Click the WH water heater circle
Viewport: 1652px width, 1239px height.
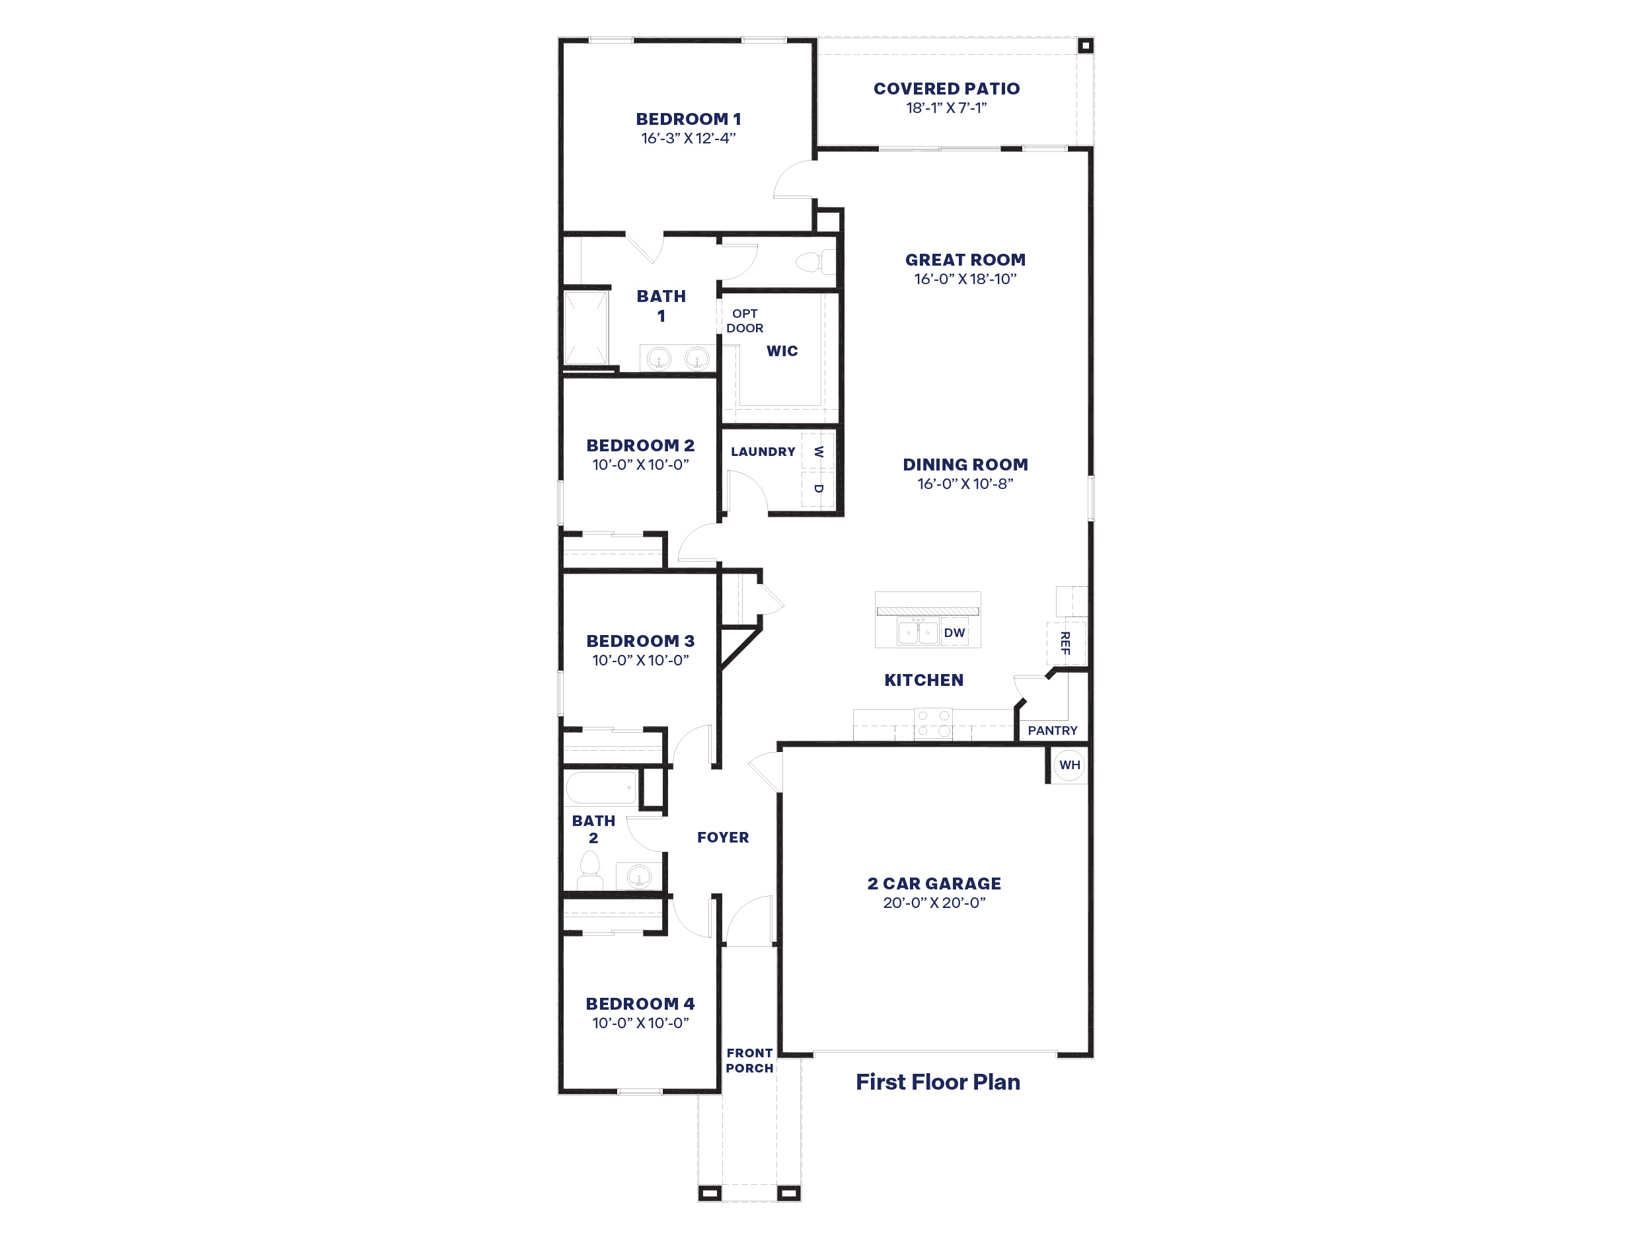1069,765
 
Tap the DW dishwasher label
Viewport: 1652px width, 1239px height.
954,632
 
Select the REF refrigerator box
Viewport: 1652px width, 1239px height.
1066,642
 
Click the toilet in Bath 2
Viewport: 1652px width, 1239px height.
590,872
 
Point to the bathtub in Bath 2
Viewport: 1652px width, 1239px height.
601,788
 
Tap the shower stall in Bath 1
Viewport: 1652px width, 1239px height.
586,328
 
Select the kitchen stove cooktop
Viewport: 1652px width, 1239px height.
934,724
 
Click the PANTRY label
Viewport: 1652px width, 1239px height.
1052,730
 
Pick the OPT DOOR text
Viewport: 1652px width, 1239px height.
745,320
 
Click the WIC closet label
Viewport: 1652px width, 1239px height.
782,351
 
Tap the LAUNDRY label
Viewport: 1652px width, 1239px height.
763,452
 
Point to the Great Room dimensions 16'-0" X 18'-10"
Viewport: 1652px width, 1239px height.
965,280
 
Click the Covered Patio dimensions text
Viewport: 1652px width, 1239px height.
946,108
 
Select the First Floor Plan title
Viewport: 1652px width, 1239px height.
937,1082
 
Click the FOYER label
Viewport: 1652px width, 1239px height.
723,837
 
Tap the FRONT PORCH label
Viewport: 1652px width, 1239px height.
749,1061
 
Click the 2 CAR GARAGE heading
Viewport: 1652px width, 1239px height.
934,883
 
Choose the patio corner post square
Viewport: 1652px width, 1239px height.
1086,46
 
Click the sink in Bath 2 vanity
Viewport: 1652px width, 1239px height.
638,876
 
